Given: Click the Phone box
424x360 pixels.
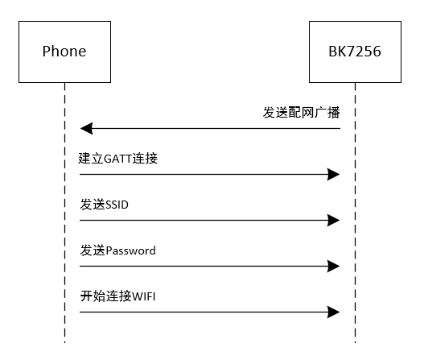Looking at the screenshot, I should point(64,52).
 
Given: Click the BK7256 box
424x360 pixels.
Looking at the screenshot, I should point(355,52).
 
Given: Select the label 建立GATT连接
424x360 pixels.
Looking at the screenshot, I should point(119,159).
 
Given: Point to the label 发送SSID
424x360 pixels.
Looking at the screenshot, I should point(105,205).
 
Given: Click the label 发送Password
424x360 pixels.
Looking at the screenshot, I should point(118,250).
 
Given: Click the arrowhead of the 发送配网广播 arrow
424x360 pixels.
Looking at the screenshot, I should point(86,128).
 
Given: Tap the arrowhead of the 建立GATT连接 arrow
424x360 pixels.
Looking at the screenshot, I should point(334,174).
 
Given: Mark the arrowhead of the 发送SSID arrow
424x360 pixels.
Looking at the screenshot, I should point(334,220).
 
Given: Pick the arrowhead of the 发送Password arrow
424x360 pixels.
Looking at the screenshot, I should point(334,266).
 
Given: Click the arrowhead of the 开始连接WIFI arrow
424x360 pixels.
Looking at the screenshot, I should point(334,312).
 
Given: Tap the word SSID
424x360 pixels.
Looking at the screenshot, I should point(117,205).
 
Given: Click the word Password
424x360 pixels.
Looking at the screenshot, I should point(131,250).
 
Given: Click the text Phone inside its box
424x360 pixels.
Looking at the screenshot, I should point(64,52).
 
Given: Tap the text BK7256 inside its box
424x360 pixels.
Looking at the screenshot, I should point(355,52).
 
